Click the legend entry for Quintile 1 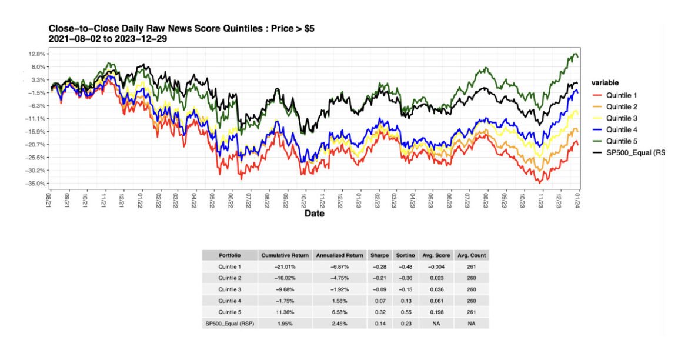coord(622,95)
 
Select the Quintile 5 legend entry coord(622,141)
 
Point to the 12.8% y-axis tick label coord(37,54)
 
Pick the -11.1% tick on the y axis coord(36,119)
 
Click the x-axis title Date coord(314,214)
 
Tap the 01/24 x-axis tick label coord(578,198)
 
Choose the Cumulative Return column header coord(285,255)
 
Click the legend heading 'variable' coord(605,83)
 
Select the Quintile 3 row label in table coord(230,289)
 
